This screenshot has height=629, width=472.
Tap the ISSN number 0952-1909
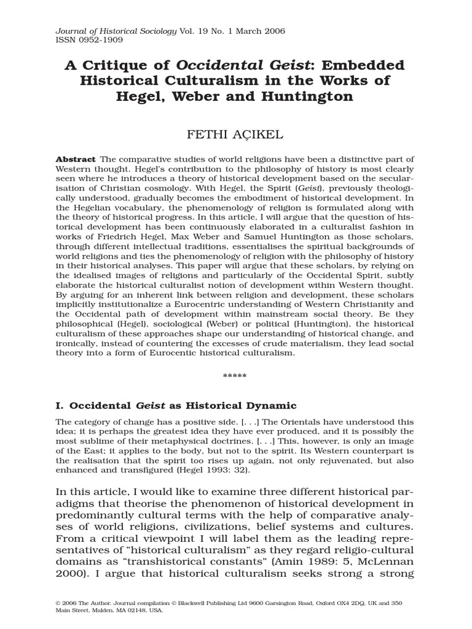tap(101, 41)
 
